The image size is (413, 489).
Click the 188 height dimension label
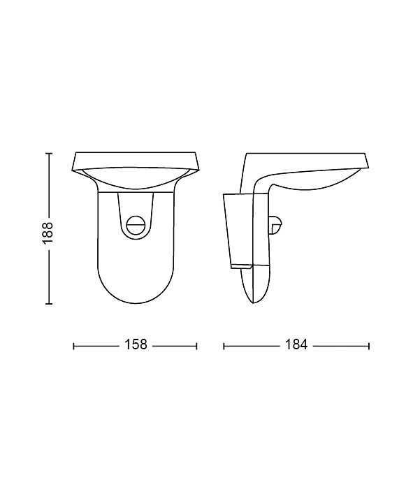coord(48,233)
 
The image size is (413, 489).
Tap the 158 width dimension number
coord(136,344)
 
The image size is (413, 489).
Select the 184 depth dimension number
coord(296,344)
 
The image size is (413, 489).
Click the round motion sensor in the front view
coord(136,225)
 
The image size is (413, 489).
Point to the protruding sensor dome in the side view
coord(277,225)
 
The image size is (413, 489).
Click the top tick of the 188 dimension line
coord(49,154)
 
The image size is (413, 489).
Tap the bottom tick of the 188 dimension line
coord(49,303)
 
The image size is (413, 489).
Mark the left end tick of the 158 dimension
coord(73,346)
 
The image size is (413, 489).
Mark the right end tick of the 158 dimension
coord(197,346)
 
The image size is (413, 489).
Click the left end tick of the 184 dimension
coord(224,346)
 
